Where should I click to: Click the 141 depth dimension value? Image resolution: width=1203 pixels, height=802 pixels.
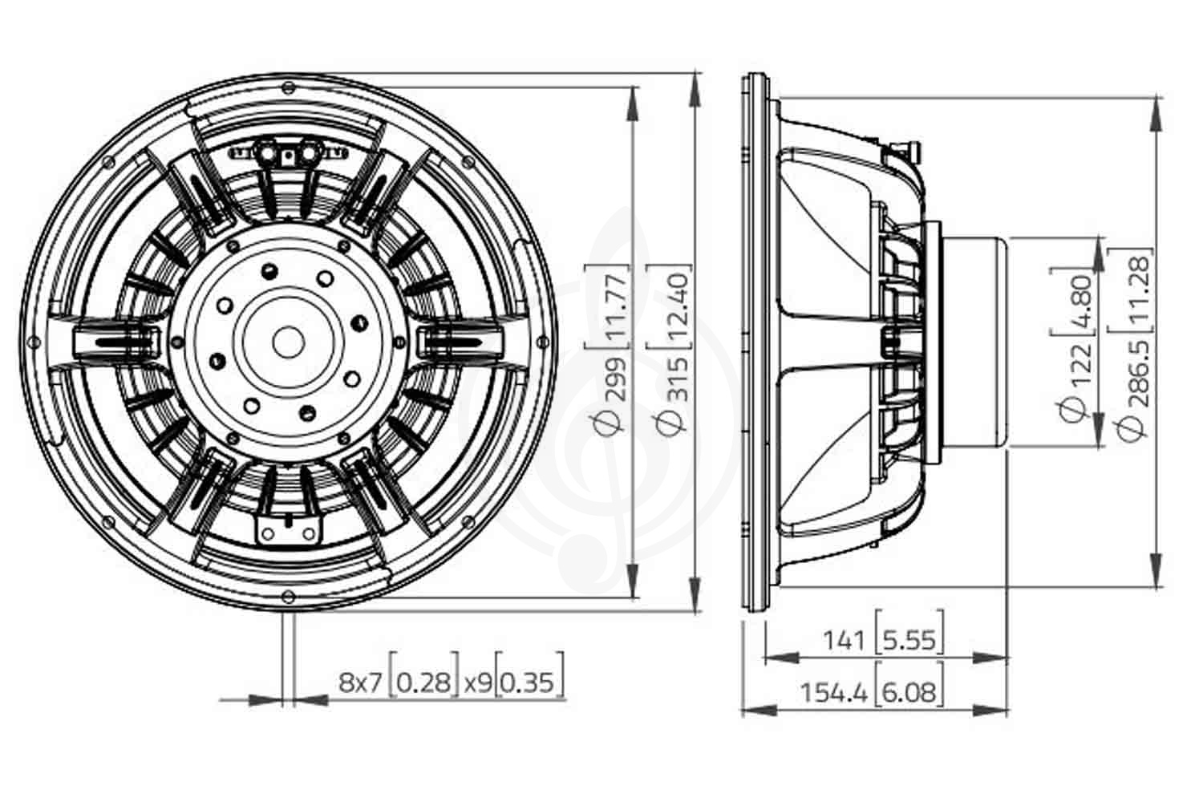pos(845,641)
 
